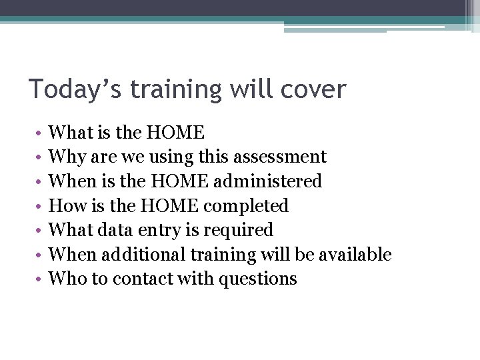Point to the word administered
pos(275,181)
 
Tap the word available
pos(355,255)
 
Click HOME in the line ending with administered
pos(175,181)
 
